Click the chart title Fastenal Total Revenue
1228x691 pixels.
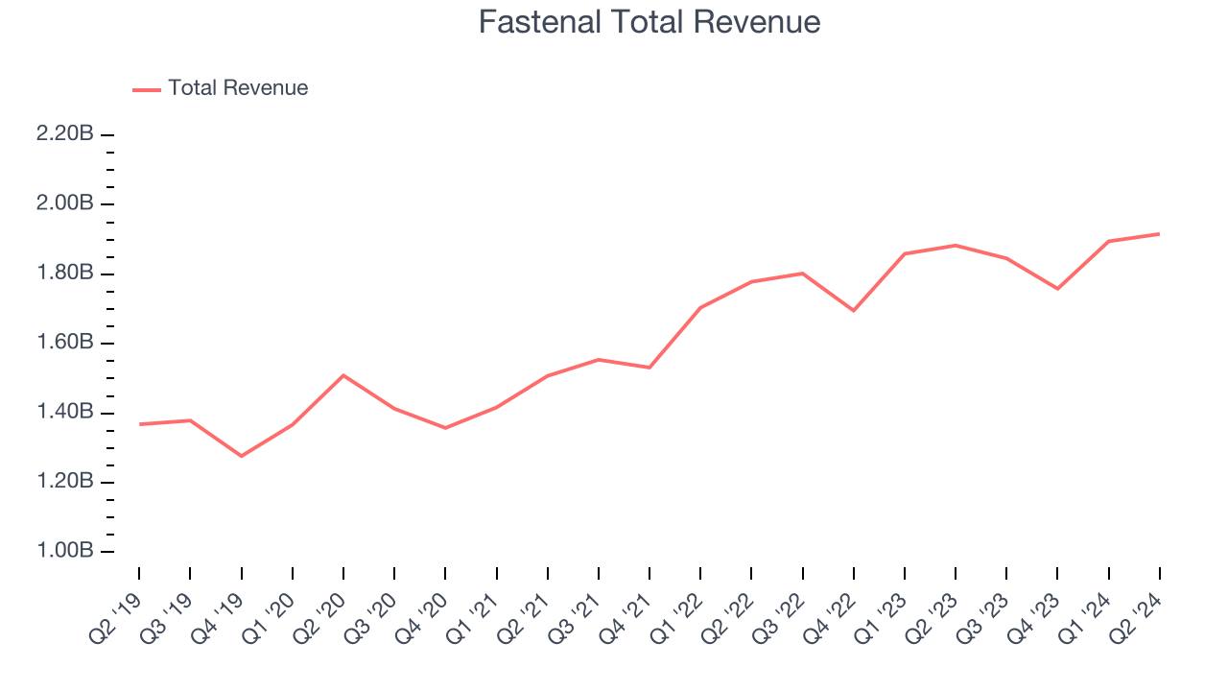tap(649, 22)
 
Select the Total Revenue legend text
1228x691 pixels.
tap(238, 88)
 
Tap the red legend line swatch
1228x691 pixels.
tap(147, 89)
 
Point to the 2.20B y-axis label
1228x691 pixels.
tap(64, 134)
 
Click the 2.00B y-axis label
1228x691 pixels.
tap(64, 204)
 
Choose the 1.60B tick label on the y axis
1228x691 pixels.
tap(64, 344)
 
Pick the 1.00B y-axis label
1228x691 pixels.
tap(64, 552)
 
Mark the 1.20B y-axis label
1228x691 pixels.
tap(64, 482)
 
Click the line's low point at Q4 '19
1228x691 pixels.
tap(241, 456)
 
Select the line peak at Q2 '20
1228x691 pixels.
tap(343, 375)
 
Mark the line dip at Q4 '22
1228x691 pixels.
tap(853, 310)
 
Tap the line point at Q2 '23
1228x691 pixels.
tap(956, 246)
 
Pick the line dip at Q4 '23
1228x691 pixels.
tap(1057, 288)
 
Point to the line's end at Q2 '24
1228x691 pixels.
tap(1159, 234)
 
